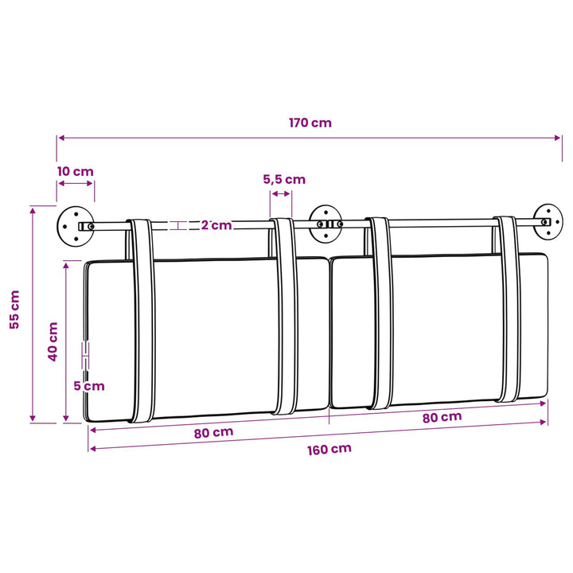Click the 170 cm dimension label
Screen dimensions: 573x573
point(310,123)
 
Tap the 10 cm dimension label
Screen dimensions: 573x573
point(76,171)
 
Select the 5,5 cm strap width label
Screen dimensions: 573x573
point(284,179)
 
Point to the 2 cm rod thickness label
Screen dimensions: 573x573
point(216,225)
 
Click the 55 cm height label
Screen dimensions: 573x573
point(14,310)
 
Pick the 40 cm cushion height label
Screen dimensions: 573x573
point(53,341)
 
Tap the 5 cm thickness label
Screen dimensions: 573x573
point(89,386)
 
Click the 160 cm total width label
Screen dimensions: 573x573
point(329,450)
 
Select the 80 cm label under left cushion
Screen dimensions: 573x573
point(213,433)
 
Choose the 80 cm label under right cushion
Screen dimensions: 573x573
point(442,417)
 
